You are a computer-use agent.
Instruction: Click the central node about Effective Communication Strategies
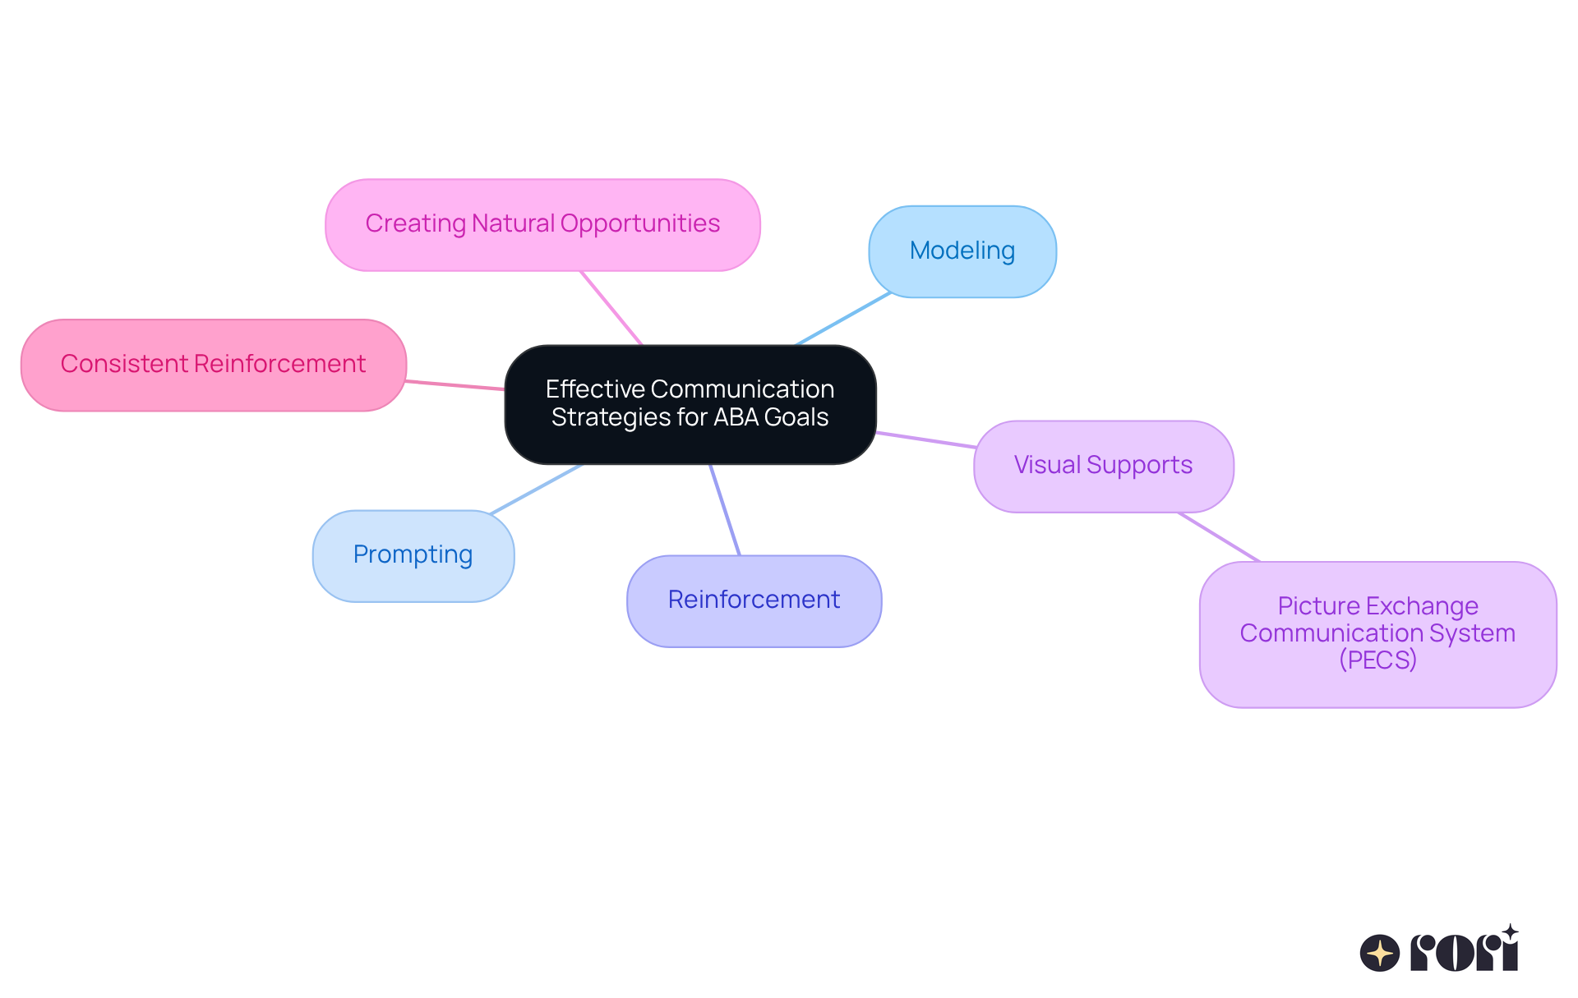pos(690,403)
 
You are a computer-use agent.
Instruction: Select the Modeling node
pos(962,251)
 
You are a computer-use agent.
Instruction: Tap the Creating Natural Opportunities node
pos(542,224)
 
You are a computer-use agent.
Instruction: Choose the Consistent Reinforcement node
pos(213,365)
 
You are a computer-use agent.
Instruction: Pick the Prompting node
pos(413,555)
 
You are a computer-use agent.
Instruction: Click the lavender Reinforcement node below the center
pos(754,600)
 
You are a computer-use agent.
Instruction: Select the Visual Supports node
pos(1103,466)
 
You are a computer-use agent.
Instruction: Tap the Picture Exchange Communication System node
pos(1377,633)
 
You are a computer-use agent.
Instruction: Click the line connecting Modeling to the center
pos(843,319)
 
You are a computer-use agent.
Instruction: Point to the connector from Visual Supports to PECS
pos(1219,537)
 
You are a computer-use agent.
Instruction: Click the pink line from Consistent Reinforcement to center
pos(455,385)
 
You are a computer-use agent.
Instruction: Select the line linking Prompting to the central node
pos(537,489)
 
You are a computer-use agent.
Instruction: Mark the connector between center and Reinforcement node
pos(725,509)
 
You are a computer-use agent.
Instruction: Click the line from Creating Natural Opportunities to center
pos(611,308)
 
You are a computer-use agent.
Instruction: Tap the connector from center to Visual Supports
pos(925,439)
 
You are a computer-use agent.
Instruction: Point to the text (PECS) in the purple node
pos(1377,660)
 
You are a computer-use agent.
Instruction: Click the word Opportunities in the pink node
pos(639,223)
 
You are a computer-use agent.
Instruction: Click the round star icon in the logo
pos(1380,953)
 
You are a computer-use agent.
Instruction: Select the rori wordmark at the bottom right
pos(1465,951)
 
